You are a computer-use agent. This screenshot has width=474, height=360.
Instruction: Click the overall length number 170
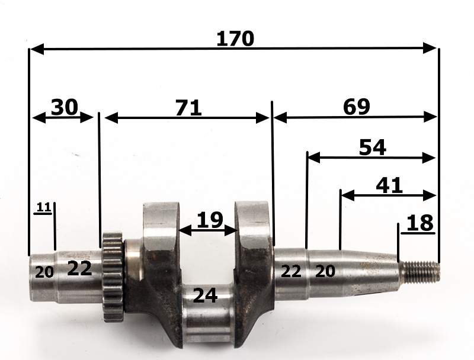[235, 38]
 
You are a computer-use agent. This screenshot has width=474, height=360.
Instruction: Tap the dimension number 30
[65, 107]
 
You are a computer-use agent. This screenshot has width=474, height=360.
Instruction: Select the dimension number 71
[188, 108]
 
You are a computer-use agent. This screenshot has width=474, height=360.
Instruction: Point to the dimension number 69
[357, 107]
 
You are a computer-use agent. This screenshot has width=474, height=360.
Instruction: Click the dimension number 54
[373, 147]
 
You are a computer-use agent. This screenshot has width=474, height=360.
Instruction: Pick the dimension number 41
[389, 185]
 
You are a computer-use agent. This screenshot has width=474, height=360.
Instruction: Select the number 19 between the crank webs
[210, 220]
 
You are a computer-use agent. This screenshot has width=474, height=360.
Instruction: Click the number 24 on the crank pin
[205, 295]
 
